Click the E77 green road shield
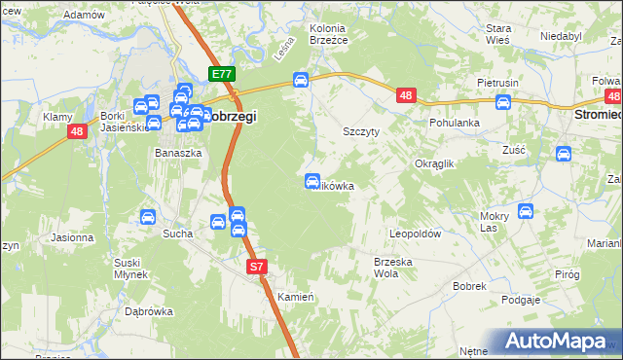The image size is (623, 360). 222,74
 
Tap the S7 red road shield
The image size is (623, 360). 256,266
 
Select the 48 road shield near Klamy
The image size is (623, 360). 76,129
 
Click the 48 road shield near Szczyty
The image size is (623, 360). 407,94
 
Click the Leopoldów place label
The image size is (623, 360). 416,234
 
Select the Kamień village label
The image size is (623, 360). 293,296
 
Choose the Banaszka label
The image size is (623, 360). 178,153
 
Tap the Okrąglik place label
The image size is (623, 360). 435,164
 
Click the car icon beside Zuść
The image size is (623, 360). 563,153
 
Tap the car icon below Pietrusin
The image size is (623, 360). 503,102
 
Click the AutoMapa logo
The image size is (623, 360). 557,342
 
